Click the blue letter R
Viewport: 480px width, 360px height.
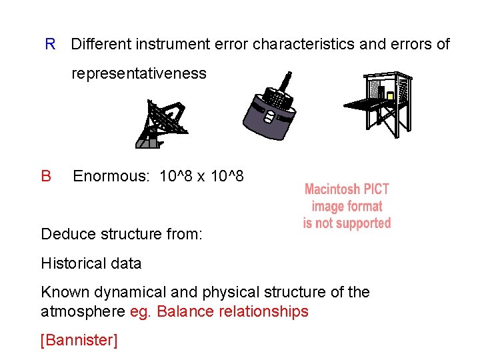pos(50,45)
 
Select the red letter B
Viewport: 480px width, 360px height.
pos(46,176)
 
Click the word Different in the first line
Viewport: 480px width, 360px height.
pos(101,45)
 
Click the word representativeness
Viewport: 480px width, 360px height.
pos(139,73)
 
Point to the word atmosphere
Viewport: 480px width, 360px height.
pos(83,311)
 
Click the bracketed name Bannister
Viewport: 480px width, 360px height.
pos(79,341)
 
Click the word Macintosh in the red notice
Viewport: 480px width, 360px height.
pos(332,189)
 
